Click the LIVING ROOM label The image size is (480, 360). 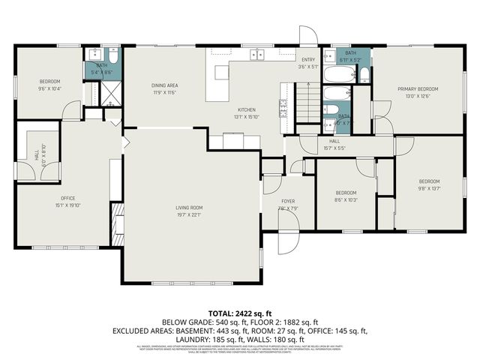point(189,208)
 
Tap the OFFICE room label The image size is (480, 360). point(67,198)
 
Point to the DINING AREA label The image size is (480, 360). point(164,85)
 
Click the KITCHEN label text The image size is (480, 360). point(247,109)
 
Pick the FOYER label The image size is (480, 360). point(288,201)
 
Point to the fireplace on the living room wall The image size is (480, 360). point(117,224)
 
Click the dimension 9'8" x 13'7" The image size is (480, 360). point(429,188)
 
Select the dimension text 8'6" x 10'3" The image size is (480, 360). point(346,199)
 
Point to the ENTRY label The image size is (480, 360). point(308,59)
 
